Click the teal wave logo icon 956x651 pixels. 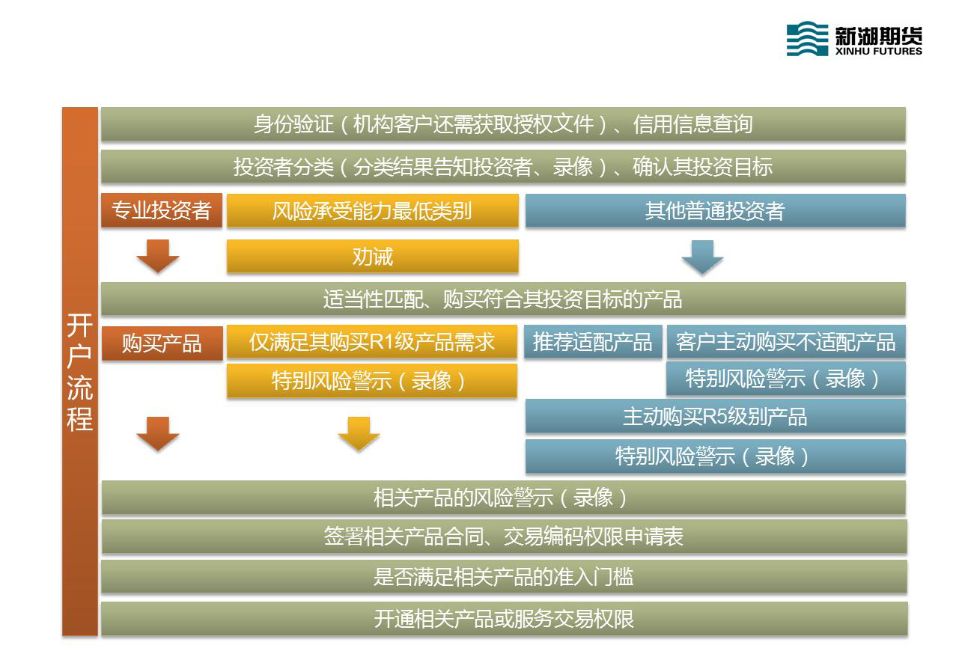[806, 38]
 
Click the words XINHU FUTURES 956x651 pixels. [879, 51]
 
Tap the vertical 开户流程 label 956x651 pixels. [80, 371]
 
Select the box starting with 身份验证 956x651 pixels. [503, 124]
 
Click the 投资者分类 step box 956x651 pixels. [503, 166]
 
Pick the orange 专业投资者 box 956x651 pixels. [162, 210]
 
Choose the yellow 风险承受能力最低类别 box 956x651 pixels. [373, 210]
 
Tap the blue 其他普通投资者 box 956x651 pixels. [715, 210]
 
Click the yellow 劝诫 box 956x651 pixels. [373, 256]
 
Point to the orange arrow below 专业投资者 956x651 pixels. [158, 256]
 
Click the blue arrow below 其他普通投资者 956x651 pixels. [702, 257]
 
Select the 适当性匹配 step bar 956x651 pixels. [503, 299]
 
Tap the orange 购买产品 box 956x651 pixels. [162, 343]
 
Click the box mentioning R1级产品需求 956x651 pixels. [372, 341]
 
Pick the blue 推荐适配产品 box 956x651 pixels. [593, 341]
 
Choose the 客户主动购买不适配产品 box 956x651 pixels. [786, 341]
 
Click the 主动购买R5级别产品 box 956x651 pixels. [715, 416]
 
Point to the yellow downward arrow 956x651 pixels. [359, 434]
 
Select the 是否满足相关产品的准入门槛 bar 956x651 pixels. [504, 576]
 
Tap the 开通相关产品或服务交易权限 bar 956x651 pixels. [505, 619]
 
